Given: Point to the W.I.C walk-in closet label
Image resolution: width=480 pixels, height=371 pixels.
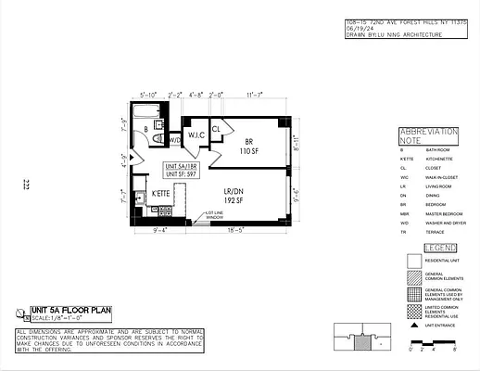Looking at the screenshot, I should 196,135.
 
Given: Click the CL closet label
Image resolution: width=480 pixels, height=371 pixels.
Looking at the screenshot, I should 216,129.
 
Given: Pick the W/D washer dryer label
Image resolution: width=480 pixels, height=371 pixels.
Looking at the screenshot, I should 173,140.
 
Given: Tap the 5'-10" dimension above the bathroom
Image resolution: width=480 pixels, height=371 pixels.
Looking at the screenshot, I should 148,95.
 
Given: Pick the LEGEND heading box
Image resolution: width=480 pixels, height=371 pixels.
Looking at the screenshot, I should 439,248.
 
